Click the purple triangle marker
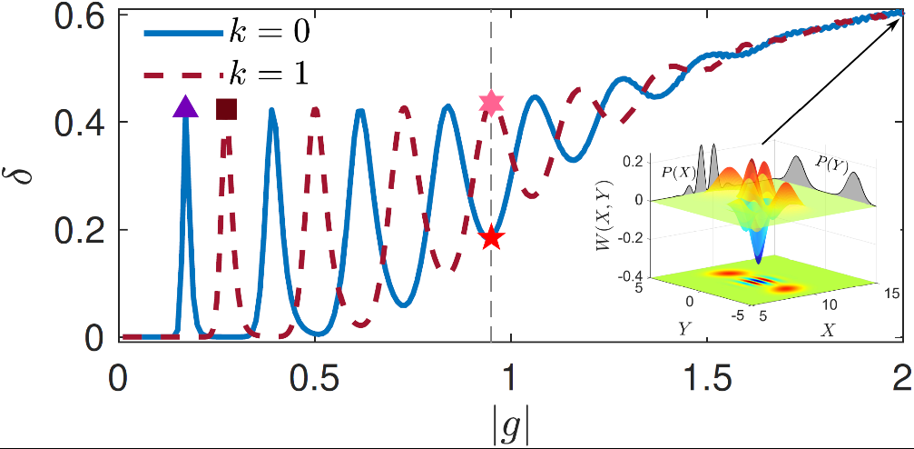pos(185,107)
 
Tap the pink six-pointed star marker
pos(491,103)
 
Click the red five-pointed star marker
pos(491,238)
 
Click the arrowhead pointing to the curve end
pos(899,14)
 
